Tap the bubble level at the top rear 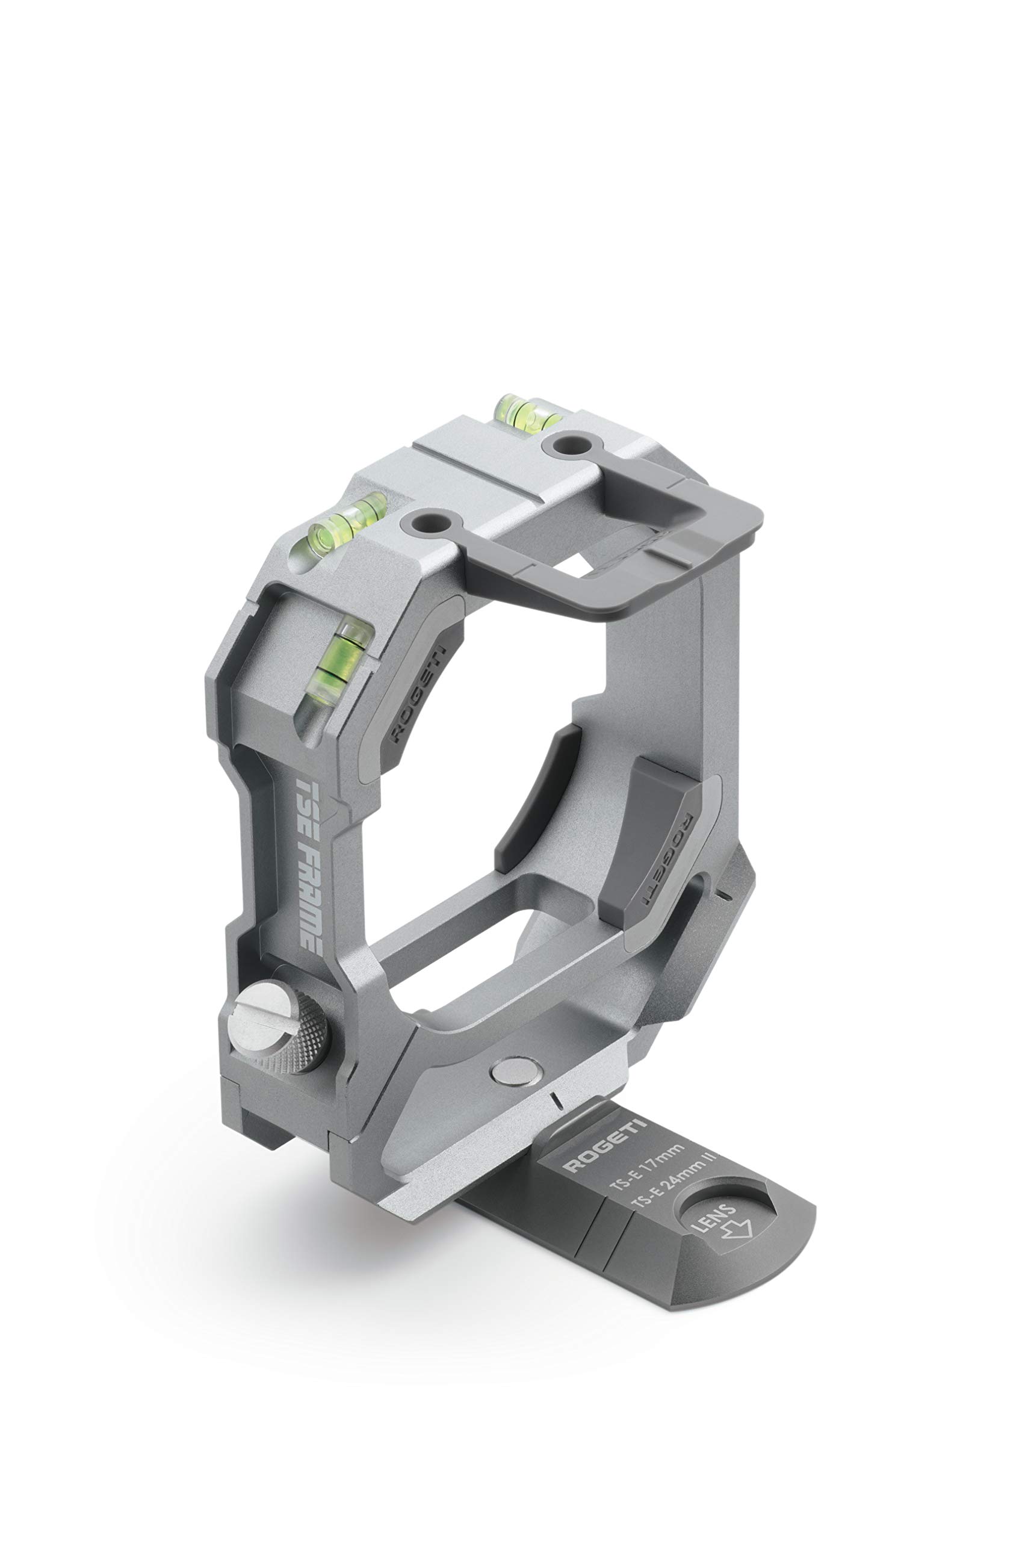click(527, 411)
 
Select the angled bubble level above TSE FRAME click(336, 676)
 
